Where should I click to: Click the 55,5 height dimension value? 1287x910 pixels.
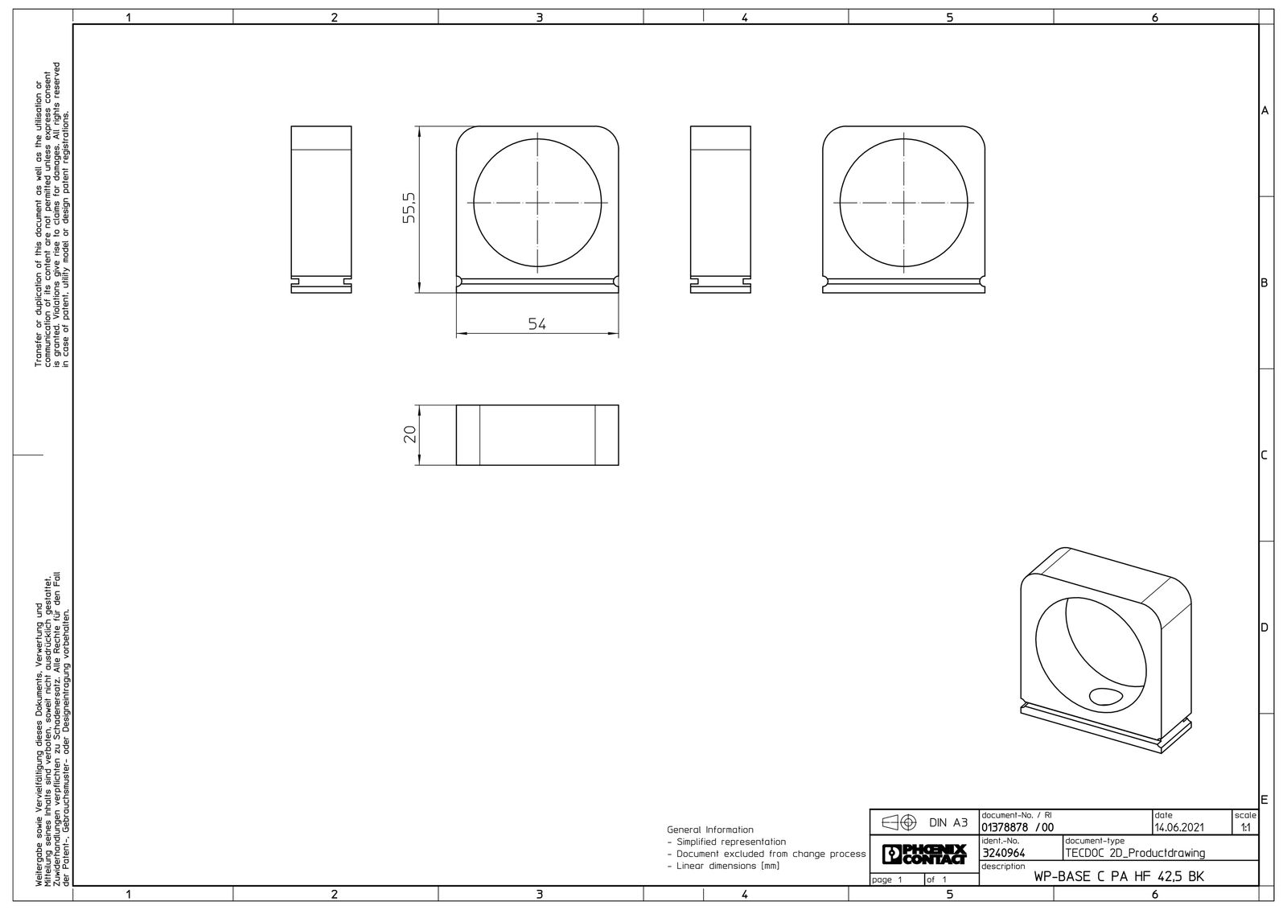click(x=409, y=208)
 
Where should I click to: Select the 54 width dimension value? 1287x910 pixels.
click(x=537, y=324)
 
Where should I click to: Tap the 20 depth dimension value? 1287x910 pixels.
click(x=409, y=434)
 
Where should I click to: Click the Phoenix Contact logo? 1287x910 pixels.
click(x=924, y=854)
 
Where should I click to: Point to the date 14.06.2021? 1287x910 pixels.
click(x=1179, y=827)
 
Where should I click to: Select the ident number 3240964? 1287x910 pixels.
click(x=1004, y=853)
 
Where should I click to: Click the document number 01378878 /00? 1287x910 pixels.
click(x=1018, y=827)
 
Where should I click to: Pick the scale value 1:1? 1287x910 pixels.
click(x=1246, y=828)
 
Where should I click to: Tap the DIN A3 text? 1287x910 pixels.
click(x=948, y=823)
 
